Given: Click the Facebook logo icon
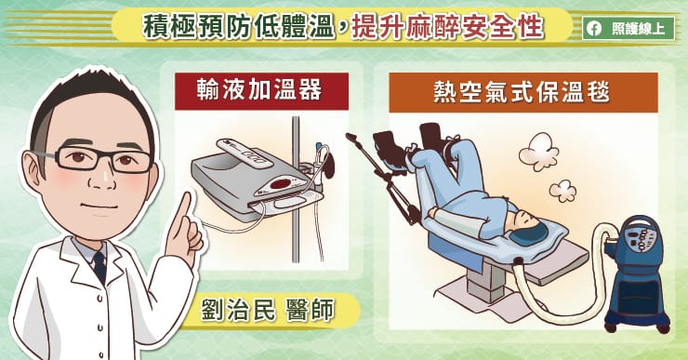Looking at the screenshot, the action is coord(594,29).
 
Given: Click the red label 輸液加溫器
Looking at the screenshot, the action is coord(261,91).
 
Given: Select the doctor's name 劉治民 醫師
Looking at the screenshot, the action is coord(267,310).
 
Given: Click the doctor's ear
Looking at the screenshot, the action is coord(35,167).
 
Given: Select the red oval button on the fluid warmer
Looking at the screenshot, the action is coord(280,184).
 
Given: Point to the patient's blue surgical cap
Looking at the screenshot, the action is coord(530,233).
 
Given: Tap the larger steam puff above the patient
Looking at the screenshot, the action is coord(539,152).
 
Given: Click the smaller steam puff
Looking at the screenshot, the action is coord(562,191).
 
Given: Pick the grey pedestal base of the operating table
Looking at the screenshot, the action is coord(484,281).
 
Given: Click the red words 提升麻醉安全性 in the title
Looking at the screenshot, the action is coord(446,26).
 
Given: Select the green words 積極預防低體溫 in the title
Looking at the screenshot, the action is coord(239,26).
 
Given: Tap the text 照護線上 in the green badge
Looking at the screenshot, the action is coord(638,29).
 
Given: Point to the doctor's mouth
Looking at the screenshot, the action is coord(100,207).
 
